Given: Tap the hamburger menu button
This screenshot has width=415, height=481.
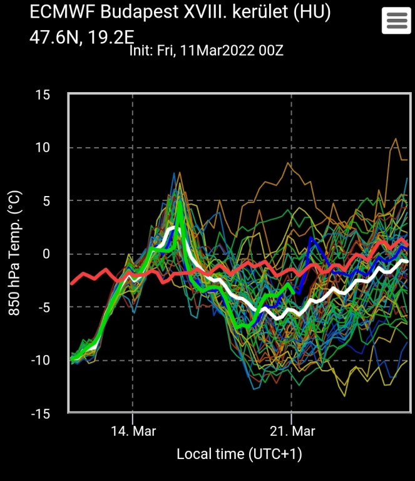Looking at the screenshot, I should pos(396,21).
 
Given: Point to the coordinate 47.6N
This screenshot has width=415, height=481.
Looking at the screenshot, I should pos(53,37).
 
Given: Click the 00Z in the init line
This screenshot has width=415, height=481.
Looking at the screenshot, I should pos(270,51).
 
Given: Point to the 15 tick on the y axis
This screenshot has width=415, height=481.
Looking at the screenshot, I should pos(43,95).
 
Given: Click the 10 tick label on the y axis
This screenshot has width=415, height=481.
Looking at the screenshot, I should pos(43,148).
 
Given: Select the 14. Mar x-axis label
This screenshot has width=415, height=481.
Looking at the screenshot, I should pos(133,432).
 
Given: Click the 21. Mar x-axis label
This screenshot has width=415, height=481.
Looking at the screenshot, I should pos(292,432).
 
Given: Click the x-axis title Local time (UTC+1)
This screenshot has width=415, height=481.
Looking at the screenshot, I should pos(239,454).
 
